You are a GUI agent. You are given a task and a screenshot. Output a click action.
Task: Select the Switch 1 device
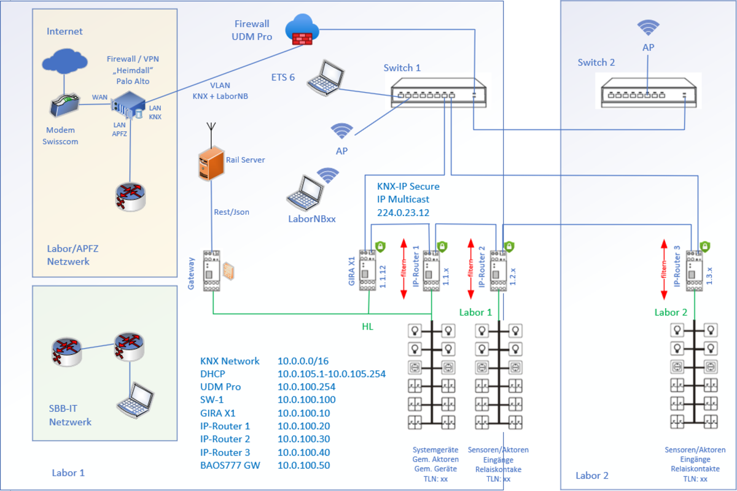tap(439, 91)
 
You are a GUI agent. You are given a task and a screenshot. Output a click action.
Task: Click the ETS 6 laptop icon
tap(326, 79)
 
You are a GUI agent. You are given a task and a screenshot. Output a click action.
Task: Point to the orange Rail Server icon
tap(209, 163)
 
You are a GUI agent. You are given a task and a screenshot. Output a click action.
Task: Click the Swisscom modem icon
tap(64, 106)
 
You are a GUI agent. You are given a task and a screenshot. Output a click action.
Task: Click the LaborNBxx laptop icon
tap(304, 191)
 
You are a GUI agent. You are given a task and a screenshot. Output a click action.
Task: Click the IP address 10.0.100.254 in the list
tap(306, 387)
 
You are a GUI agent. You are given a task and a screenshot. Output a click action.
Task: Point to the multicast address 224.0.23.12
tap(403, 212)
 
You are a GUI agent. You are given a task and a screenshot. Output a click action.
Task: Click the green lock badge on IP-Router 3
tap(706, 247)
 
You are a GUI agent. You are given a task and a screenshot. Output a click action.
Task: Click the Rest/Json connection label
tap(231, 212)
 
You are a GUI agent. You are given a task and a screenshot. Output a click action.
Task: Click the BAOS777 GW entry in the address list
tap(230, 465)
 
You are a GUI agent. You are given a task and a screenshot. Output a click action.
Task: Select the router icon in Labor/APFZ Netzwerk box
tap(130, 194)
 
